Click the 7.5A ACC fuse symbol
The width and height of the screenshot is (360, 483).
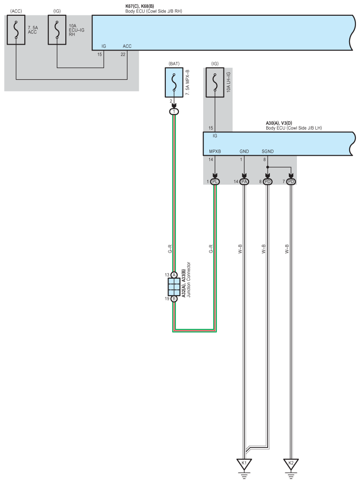16,30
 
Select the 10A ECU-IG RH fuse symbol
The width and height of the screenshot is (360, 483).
57,30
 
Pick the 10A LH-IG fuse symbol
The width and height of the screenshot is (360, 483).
215,82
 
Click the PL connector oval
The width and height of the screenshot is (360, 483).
215,181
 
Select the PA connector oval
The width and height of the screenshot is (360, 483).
244,181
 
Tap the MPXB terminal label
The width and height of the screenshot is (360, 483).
215,151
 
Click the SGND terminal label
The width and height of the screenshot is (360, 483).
268,151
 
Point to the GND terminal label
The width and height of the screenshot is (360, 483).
244,151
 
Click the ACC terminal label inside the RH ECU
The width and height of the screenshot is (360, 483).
127,46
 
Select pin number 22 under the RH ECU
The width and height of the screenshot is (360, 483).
123,54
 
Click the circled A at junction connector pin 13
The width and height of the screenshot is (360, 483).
174,275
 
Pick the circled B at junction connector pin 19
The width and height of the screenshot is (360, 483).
174,298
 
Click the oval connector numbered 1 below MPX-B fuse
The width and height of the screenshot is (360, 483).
174,111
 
